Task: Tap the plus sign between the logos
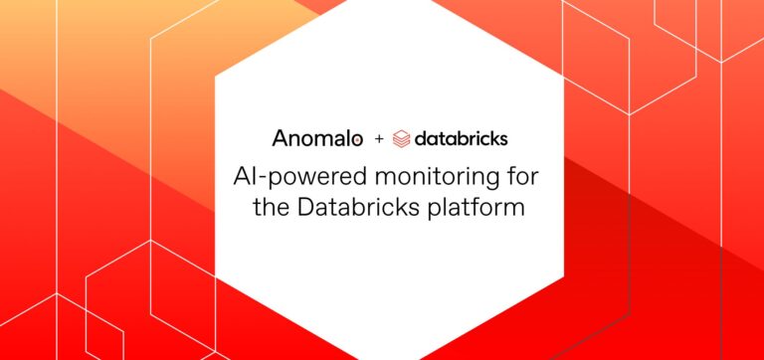pos(378,138)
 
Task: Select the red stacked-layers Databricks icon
pos(402,138)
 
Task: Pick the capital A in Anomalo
pos(280,137)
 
